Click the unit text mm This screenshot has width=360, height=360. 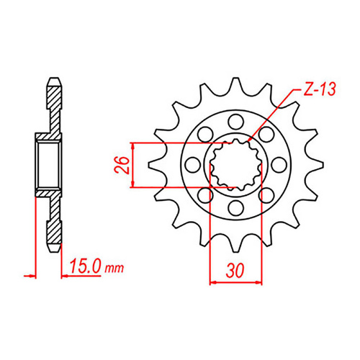point(114,269)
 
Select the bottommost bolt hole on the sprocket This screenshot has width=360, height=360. point(234,209)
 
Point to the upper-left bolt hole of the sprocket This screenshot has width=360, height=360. point(202,131)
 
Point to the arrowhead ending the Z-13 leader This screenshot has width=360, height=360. point(250,138)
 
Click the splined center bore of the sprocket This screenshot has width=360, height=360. point(234,163)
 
